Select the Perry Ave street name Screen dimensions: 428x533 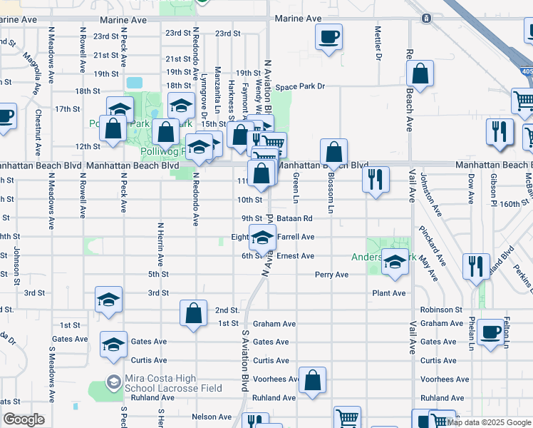click(x=331, y=275)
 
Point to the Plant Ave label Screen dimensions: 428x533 click(x=388, y=293)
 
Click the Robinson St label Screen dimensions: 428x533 click(x=441, y=310)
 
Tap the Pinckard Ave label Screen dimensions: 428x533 click(x=433, y=247)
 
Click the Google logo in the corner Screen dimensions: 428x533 click(x=24, y=419)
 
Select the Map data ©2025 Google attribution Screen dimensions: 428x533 click(x=489, y=422)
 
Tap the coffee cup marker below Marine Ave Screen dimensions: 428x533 click(x=328, y=37)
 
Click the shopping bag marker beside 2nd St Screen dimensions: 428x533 click(x=193, y=313)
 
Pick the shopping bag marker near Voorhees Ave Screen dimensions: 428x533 click(x=312, y=381)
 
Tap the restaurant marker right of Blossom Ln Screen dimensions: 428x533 click(x=376, y=178)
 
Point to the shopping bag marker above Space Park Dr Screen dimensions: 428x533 click(x=420, y=73)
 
